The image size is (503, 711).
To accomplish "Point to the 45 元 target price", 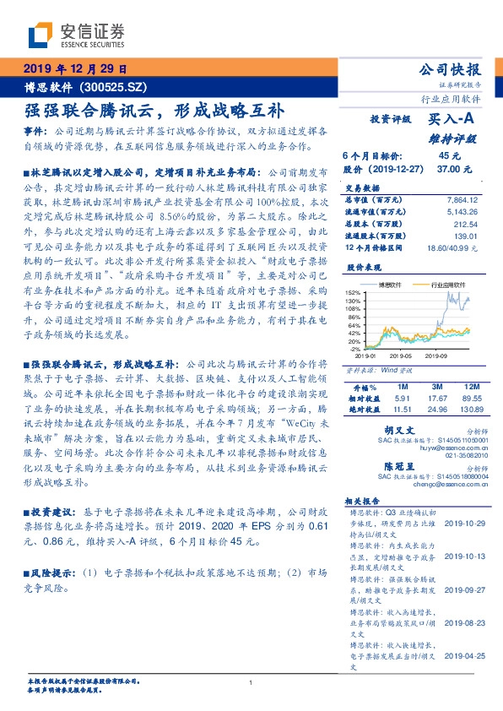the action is tap(449, 156).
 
